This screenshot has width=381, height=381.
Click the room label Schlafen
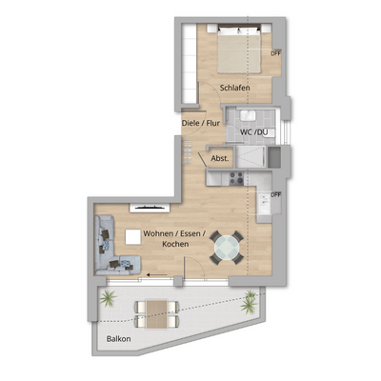[234, 88]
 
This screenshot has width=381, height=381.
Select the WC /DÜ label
[252, 132]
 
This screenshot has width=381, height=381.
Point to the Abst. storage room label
[219, 158]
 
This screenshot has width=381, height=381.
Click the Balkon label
[119, 338]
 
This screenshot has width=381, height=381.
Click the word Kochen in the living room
[175, 245]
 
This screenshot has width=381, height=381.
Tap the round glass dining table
[227, 248]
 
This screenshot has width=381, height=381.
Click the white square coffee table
[130, 236]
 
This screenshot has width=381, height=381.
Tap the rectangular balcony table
[153, 308]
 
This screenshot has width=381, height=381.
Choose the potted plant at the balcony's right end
[251, 297]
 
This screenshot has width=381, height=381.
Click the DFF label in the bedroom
[276, 53]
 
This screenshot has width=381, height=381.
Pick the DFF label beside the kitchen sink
[276, 194]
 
